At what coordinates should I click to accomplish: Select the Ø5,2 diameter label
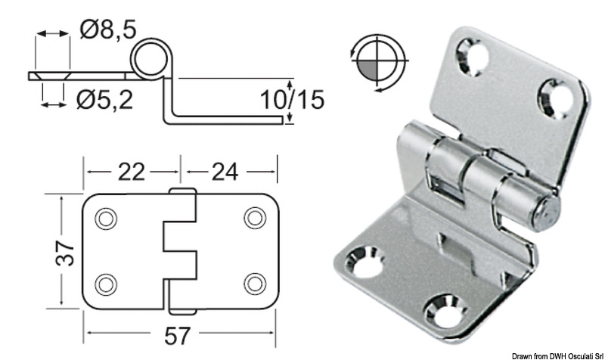click(105, 98)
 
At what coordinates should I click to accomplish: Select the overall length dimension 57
click(179, 334)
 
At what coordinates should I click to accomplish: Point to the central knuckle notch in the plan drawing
click(179, 251)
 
